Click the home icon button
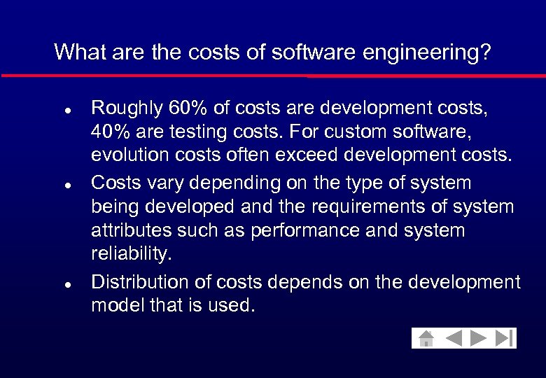pyautogui.click(x=426, y=339)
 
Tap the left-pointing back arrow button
pyautogui.click(x=454, y=339)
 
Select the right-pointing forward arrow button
pyautogui.click(x=479, y=339)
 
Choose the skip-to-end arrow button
pyautogui.click(x=504, y=339)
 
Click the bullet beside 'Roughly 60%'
pyautogui.click(x=65, y=111)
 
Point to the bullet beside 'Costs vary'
pyautogui.click(x=65, y=185)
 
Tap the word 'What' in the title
pyautogui.click(x=75, y=52)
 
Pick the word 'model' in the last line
pyautogui.click(x=115, y=307)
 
